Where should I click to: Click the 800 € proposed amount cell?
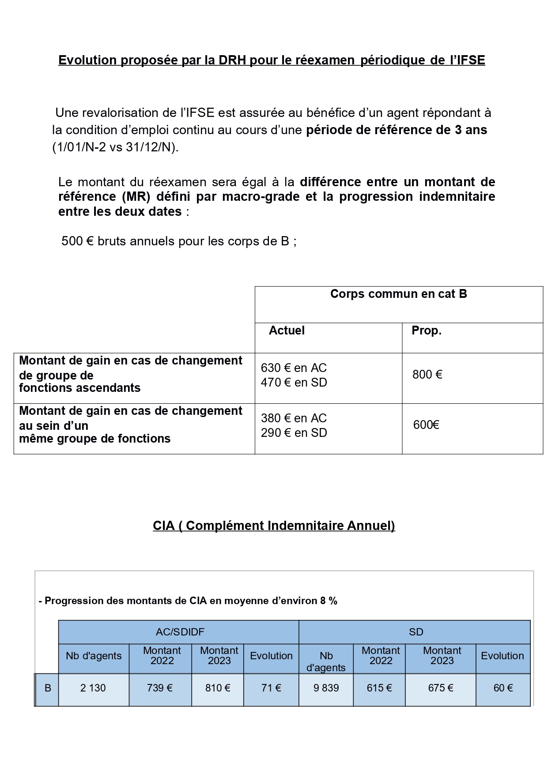point(427,375)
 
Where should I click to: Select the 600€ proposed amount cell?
point(426,425)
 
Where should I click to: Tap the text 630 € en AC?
point(294,368)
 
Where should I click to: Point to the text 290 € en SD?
point(294,433)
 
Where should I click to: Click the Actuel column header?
point(287,331)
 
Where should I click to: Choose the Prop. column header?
point(427,331)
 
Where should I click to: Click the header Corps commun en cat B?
point(398,294)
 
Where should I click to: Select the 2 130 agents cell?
point(93,688)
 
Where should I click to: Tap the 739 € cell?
point(159,688)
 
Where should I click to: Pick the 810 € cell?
point(218,688)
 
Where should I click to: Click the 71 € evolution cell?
point(271,688)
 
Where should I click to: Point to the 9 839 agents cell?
point(326,688)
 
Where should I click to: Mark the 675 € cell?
point(440,688)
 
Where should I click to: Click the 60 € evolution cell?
point(503,688)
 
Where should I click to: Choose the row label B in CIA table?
point(48,688)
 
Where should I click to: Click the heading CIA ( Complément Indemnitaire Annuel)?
point(274,526)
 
